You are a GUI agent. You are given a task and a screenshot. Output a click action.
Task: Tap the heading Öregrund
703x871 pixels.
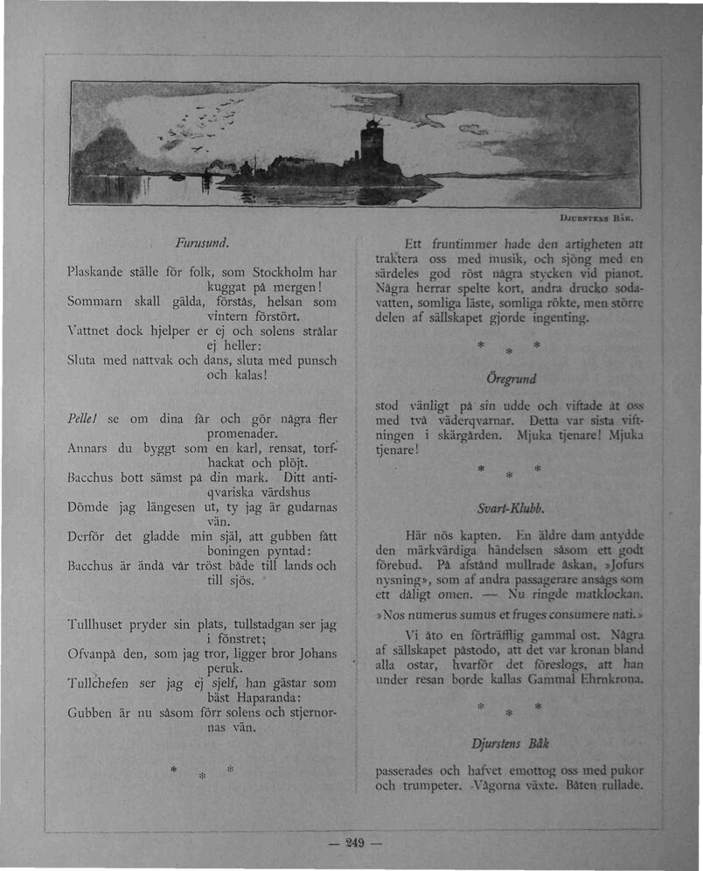[x=512, y=380]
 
